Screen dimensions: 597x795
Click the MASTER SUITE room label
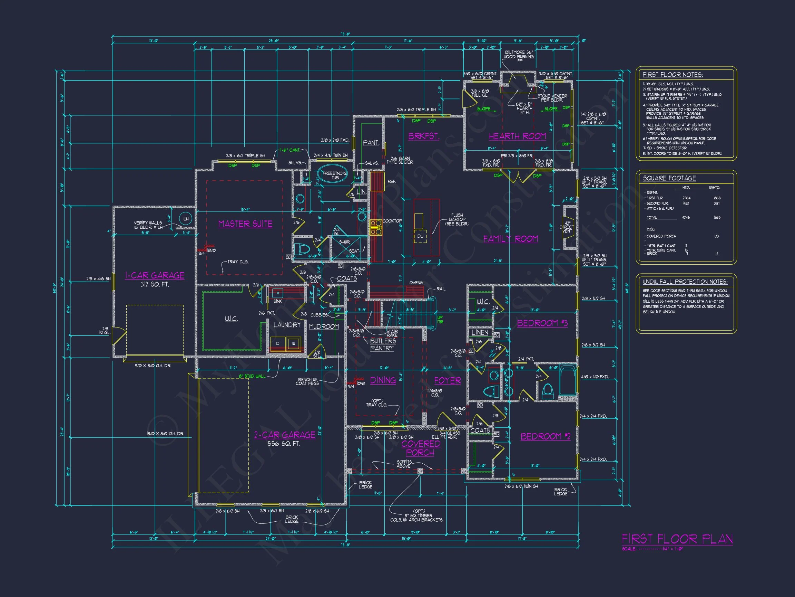tap(245, 224)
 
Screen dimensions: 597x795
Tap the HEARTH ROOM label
tap(517, 136)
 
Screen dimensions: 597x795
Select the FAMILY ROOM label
tap(510, 239)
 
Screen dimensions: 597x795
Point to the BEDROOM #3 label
tap(542, 323)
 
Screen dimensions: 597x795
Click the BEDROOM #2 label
tap(545, 436)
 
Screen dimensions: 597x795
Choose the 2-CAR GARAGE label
tap(285, 435)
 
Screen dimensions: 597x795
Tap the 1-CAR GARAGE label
tap(155, 276)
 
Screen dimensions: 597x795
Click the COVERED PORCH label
tap(421, 448)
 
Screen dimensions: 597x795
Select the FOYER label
tap(447, 381)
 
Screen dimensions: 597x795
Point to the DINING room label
tap(383, 380)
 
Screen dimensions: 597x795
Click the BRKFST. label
tap(424, 136)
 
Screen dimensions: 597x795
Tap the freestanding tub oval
tap(334, 175)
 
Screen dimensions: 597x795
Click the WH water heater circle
tap(186, 219)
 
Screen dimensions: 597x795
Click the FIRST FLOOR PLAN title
tap(677, 539)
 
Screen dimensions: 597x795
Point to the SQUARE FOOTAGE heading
tap(669, 179)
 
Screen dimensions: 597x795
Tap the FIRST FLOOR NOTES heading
tap(673, 75)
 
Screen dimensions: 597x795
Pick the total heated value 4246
tap(686, 217)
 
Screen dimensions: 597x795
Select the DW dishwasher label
tap(420, 236)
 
